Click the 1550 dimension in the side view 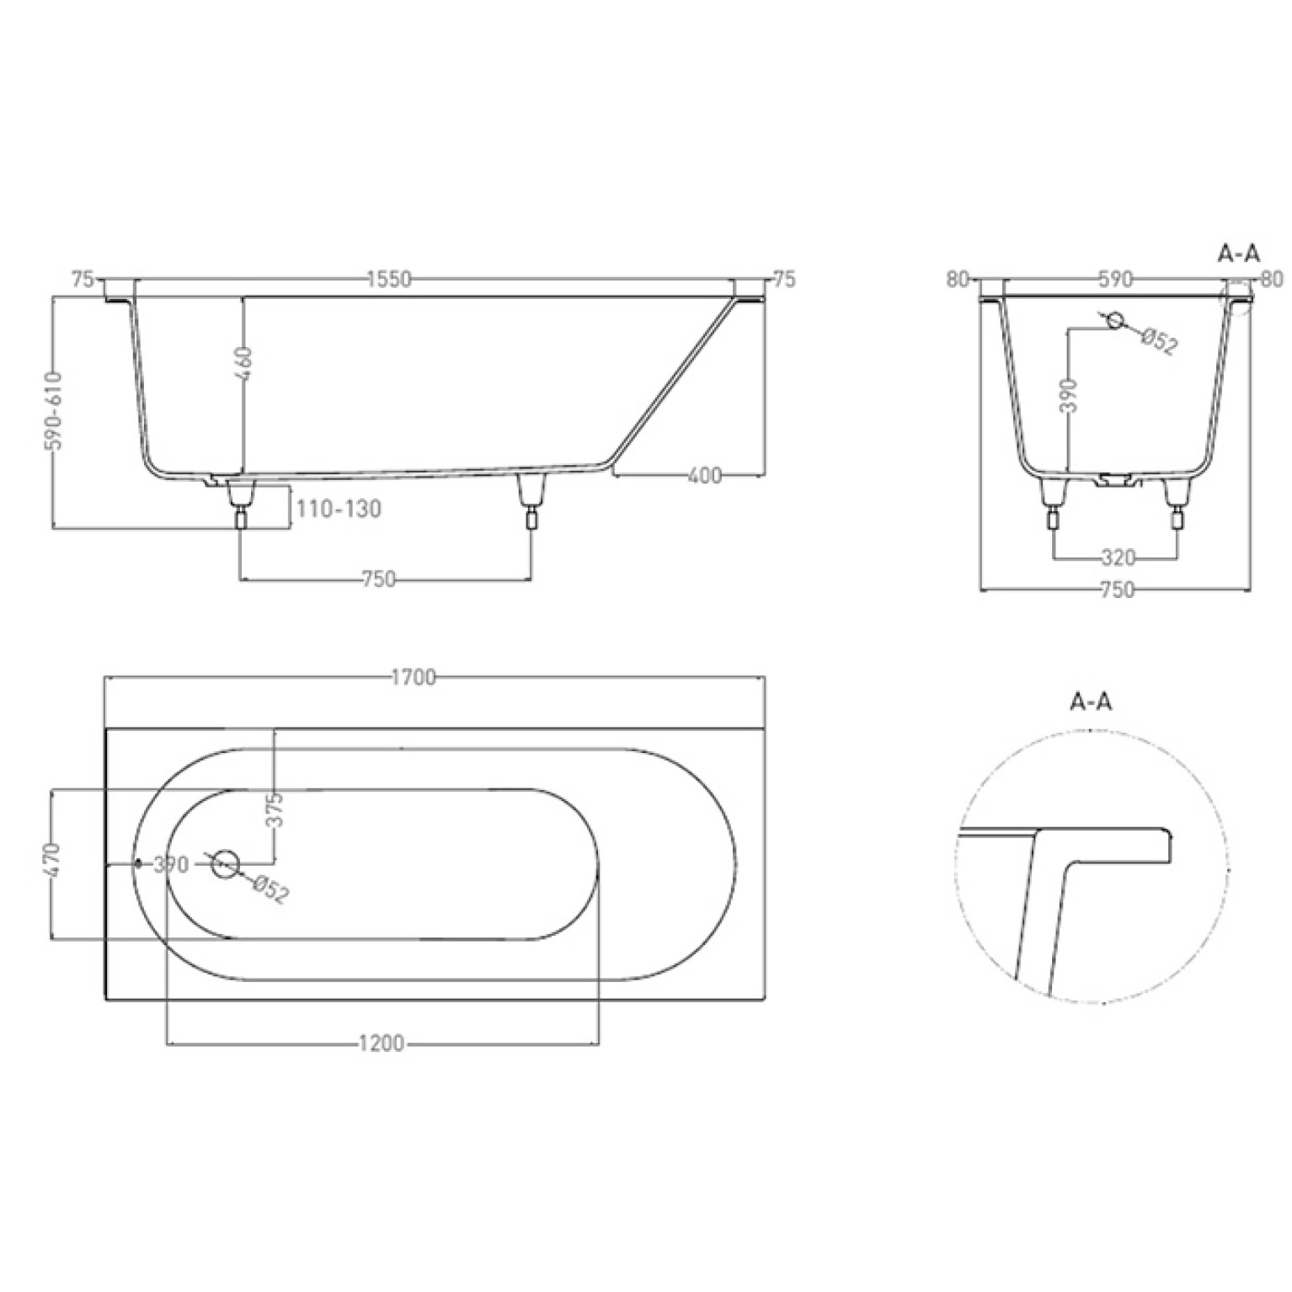389,279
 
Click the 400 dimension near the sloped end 704,476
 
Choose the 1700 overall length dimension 414,677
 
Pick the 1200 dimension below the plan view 382,1044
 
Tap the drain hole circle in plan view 225,863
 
